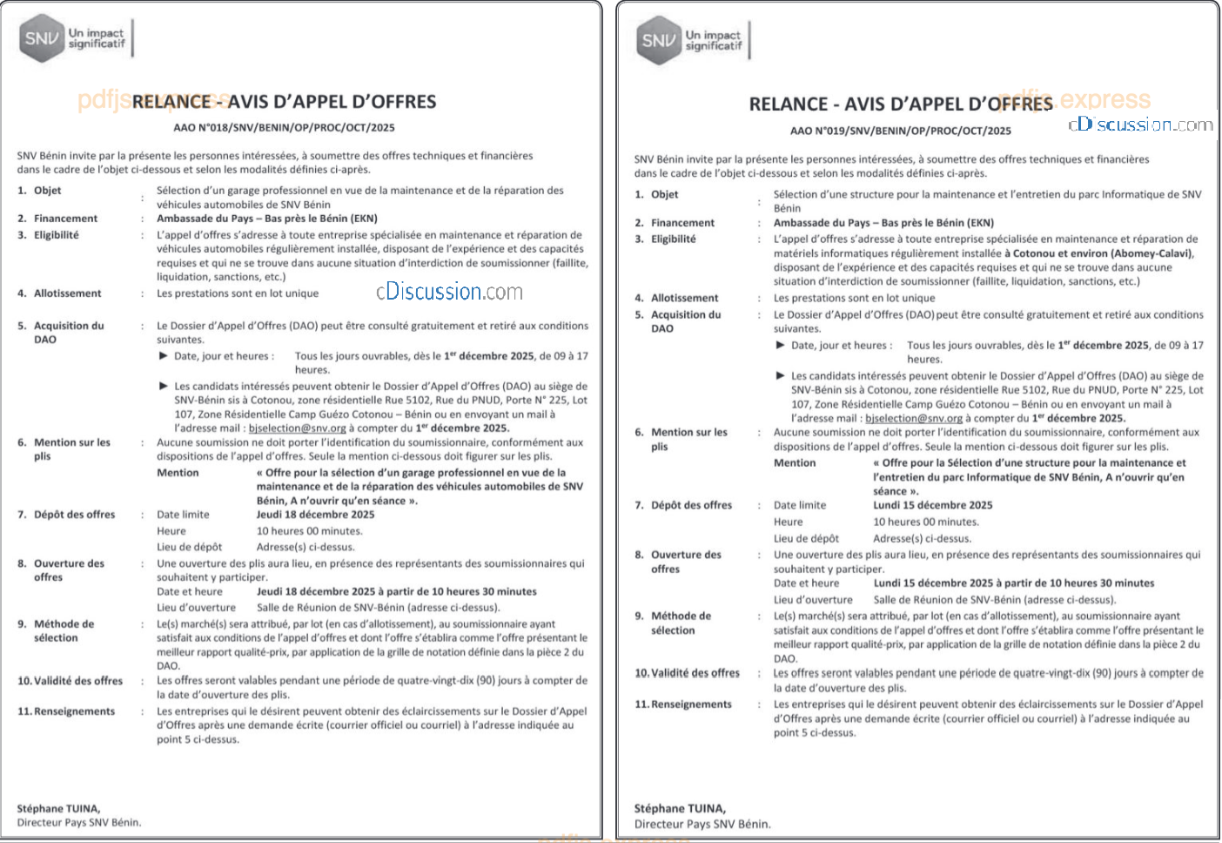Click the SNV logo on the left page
[42, 38]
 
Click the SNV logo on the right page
[659, 40]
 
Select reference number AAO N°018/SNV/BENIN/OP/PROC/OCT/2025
[284, 127]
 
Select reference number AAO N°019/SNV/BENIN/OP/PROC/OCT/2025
[901, 131]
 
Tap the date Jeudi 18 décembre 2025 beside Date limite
[315, 515]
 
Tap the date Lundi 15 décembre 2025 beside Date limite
[932, 505]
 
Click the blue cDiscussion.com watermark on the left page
[449, 292]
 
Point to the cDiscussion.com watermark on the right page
[1140, 125]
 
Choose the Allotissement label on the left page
[67, 293]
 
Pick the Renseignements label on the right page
[691, 705]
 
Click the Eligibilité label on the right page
[673, 239]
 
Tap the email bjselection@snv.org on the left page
[297, 428]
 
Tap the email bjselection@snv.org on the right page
[914, 418]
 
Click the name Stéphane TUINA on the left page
[58, 808]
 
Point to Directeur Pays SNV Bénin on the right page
[702, 824]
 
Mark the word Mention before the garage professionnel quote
[178, 473]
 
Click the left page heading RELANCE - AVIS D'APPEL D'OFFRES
[285, 102]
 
